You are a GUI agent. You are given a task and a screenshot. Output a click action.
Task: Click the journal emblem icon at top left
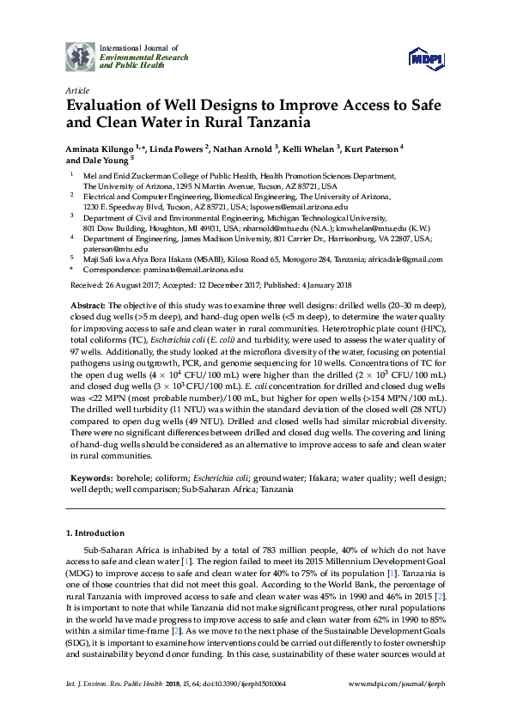coord(81,57)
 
